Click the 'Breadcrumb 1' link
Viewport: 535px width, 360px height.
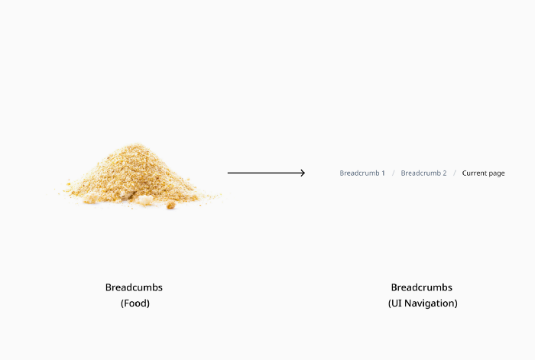tap(362, 173)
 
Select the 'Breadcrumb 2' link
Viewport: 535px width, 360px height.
tap(423, 173)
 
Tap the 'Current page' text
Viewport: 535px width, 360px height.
tap(483, 174)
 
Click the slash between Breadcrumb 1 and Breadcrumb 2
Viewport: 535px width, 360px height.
tap(393, 174)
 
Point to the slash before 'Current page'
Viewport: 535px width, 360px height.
tap(455, 174)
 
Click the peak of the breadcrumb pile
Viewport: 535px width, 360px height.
tap(137, 144)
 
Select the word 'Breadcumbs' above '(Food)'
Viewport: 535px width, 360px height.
tap(134, 287)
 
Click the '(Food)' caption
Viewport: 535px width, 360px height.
tap(135, 303)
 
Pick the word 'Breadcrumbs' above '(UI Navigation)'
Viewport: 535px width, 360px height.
tap(422, 287)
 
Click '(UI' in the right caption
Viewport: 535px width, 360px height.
tap(395, 303)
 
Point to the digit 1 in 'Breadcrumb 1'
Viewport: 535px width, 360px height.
tap(383, 173)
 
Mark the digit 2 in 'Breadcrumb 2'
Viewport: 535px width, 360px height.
tap(445, 173)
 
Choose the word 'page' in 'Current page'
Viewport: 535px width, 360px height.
tap(497, 174)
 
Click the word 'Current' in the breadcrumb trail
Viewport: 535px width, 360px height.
tap(475, 173)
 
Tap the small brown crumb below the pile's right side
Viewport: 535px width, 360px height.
tap(171, 205)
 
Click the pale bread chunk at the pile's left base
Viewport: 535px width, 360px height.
tap(91, 197)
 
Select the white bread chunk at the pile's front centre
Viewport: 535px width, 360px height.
tap(145, 199)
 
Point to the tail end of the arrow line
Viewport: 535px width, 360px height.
tap(228, 173)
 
